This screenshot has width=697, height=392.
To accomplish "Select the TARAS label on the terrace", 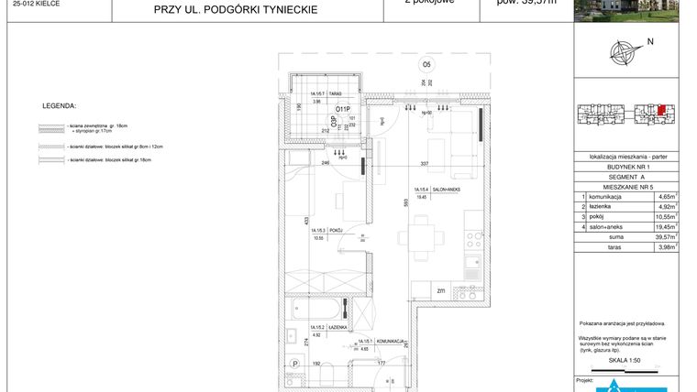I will coord(336,94).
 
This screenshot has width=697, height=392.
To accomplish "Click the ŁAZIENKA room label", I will coord(335,327).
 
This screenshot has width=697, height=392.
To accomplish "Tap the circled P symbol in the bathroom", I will coord(295,365).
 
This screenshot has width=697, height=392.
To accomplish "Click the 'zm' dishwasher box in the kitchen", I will coord(441,292).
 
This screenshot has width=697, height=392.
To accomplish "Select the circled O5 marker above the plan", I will coord(426,65).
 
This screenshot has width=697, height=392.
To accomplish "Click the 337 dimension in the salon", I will coord(424,164).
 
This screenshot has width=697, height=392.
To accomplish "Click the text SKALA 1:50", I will coord(625,360).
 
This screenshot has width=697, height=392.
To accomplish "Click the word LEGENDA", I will coord(60,106).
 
